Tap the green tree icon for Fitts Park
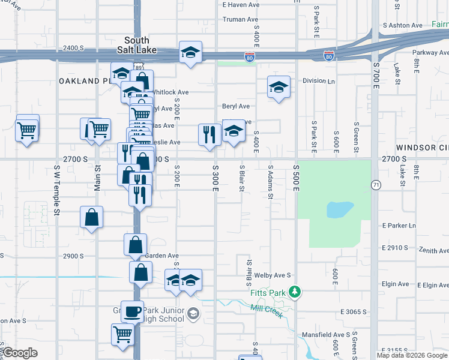(x=294, y=292)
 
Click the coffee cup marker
(x=132, y=311)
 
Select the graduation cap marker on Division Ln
(x=279, y=87)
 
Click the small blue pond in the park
(x=336, y=209)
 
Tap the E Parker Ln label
(x=399, y=226)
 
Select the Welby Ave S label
(x=273, y=275)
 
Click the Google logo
(x=19, y=353)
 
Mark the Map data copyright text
(x=412, y=355)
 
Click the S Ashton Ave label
(x=402, y=25)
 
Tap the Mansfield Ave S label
(x=330, y=334)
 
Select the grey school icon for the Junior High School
(x=193, y=313)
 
